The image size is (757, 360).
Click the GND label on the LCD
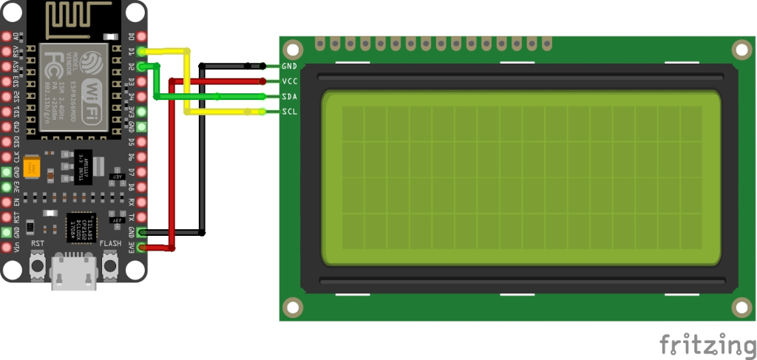[289, 67]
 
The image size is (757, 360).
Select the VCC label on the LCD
[289, 81]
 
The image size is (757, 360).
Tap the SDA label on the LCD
[289, 97]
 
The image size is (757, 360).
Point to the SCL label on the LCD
[289, 112]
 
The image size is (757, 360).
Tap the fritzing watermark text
[707, 344]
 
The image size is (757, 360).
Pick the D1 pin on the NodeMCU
[141, 51]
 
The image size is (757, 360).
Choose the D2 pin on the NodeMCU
[141, 67]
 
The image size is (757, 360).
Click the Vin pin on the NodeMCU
[7, 248]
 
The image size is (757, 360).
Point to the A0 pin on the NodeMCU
[7, 36]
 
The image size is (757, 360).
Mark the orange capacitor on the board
[31, 167]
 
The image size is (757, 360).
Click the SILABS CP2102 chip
[81, 227]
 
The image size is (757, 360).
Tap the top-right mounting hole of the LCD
[741, 49]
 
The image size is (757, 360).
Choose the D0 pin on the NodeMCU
[141, 36]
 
